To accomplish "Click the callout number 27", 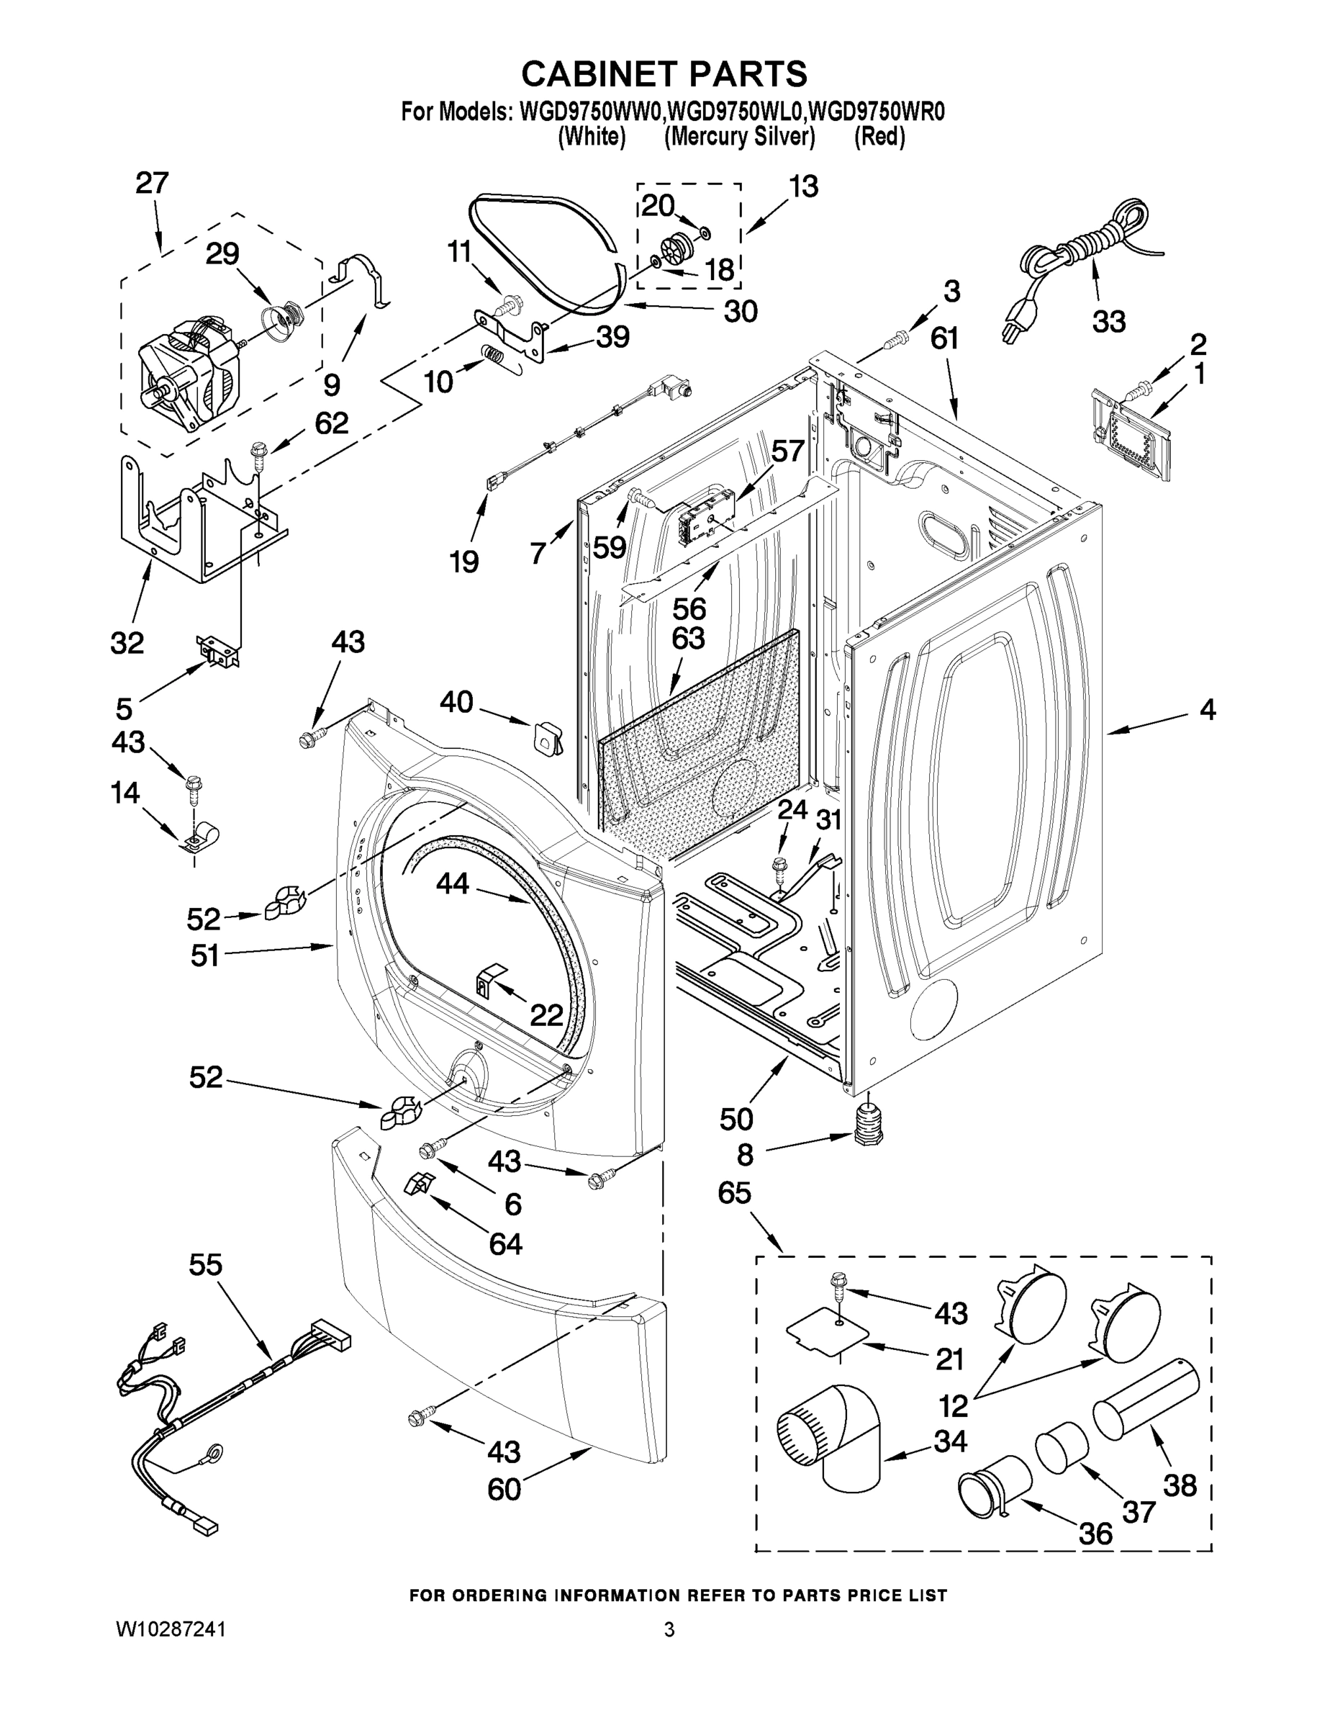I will coord(152,184).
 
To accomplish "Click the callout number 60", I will coord(504,1489).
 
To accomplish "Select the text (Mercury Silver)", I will coord(740,137).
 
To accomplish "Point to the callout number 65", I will coord(734,1192).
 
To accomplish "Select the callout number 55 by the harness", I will coord(205,1264).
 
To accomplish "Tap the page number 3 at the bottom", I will coord(669,1629).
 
